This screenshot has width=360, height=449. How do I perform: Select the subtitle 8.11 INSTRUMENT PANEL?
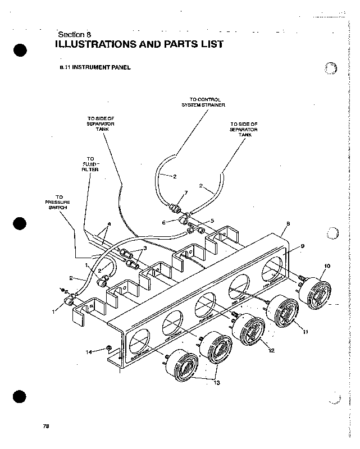95,67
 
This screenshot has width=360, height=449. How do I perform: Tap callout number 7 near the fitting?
185,193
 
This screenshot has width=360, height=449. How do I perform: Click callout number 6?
164,222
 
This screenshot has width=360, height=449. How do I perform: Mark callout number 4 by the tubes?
109,224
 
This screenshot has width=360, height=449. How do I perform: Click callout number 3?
145,248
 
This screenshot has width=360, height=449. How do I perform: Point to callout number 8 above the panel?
287,223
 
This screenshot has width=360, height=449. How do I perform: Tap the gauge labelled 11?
286,313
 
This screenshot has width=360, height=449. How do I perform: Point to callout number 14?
89,352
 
